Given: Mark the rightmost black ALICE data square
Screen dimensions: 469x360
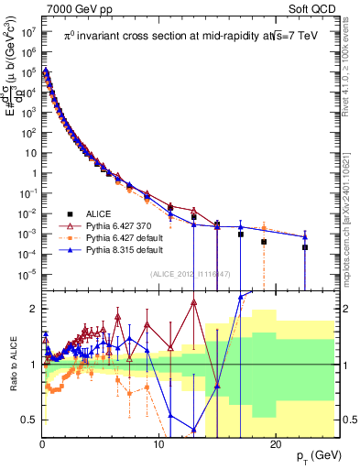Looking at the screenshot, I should (x=305, y=247).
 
